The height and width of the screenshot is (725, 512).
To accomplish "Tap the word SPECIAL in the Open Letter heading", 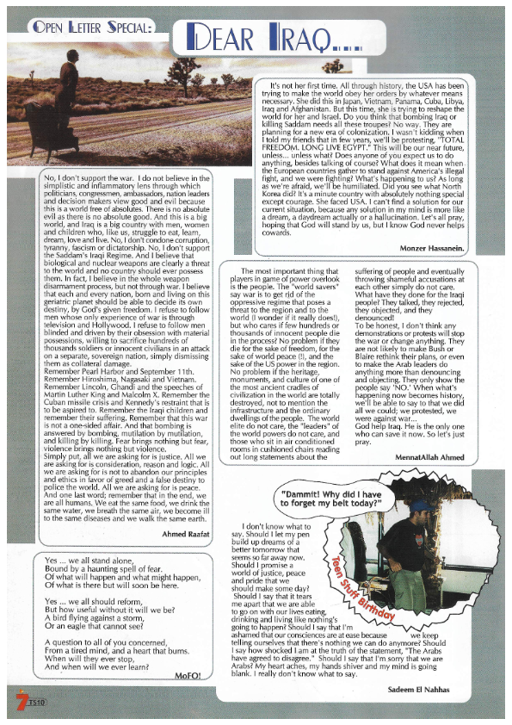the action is point(118,28).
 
